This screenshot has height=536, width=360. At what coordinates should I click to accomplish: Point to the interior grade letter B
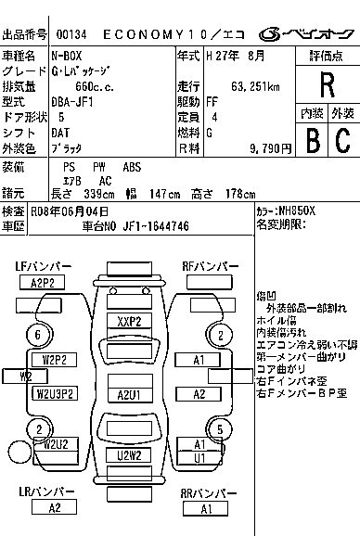pyautogui.click(x=311, y=139)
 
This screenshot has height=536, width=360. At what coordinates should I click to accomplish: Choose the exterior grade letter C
pyautogui.click(x=341, y=139)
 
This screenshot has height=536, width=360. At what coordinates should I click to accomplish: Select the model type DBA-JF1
pyautogui.click(x=76, y=102)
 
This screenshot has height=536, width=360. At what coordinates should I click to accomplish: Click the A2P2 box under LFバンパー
pyautogui.click(x=42, y=283)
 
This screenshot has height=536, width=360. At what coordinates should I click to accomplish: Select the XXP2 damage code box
pyautogui.click(x=129, y=322)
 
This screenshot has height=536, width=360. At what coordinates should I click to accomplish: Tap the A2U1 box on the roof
pyautogui.click(x=129, y=394)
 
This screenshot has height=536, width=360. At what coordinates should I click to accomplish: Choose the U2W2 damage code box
pyautogui.click(x=129, y=455)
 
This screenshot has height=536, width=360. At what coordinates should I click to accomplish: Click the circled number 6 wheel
pyautogui.click(x=38, y=335)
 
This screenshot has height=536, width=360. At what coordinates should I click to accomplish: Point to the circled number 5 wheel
pyautogui.click(x=219, y=428)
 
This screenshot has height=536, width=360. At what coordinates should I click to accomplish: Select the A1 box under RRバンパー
pyautogui.click(x=206, y=508)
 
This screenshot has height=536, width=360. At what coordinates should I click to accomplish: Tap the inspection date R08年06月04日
pyautogui.click(x=69, y=211)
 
